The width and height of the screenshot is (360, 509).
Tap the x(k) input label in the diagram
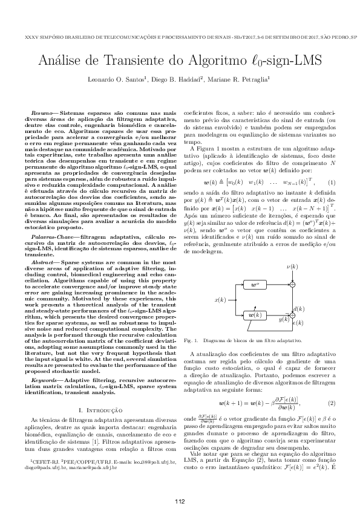pyautogui.click(x=220, y=299)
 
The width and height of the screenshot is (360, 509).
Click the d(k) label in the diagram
pyautogui.click(x=298, y=309)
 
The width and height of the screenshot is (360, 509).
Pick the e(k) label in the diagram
pyautogui.click(x=298, y=323)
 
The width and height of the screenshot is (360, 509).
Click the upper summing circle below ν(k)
pyautogui.click(x=292, y=284)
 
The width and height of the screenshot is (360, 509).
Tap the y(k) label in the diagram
pyautogui.click(x=283, y=319)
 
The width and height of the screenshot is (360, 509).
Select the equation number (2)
pyautogui.click(x=331, y=403)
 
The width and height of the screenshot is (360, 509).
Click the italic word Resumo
pyautogui.click(x=42, y=113)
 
